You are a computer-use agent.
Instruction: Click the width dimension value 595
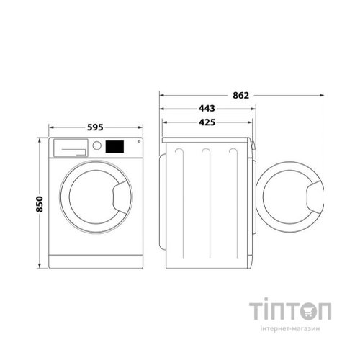point(95,127)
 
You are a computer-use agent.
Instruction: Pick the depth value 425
point(207,122)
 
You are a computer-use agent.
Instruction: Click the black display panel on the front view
point(114,146)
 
